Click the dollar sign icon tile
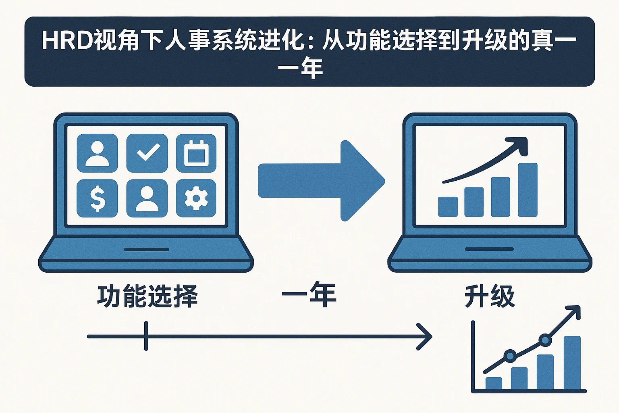tap(97, 198)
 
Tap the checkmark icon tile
tap(147, 153)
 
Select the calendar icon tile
tap(196, 153)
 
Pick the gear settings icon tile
tap(196, 198)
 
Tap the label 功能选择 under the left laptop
tap(147, 296)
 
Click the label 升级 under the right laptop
tap(490, 296)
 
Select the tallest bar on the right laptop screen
tap(528, 190)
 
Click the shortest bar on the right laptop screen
tap(448, 206)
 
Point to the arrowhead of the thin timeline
tap(427, 336)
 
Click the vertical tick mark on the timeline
tap(146, 336)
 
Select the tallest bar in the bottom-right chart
tap(572, 363)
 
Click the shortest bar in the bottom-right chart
tap(494, 384)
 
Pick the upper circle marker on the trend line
tap(545, 340)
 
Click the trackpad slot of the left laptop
tap(146, 250)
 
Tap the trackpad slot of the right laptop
tap(489, 249)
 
